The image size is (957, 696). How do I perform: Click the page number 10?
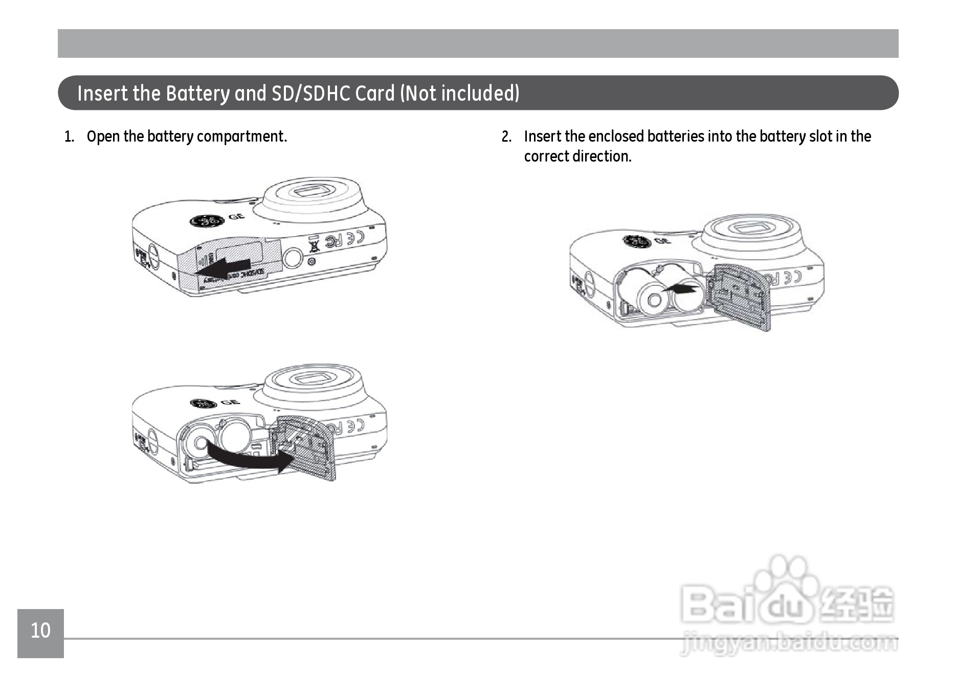(x=40, y=631)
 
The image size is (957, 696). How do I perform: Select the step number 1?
(x=69, y=137)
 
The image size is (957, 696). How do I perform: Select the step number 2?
(x=506, y=137)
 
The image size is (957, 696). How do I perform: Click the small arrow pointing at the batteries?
(x=681, y=289)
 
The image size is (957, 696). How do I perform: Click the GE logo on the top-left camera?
(x=207, y=220)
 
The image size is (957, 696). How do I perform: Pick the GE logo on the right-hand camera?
(x=637, y=241)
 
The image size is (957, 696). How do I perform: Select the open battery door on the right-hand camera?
(x=741, y=297)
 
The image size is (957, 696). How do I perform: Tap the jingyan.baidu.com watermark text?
(x=790, y=643)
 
